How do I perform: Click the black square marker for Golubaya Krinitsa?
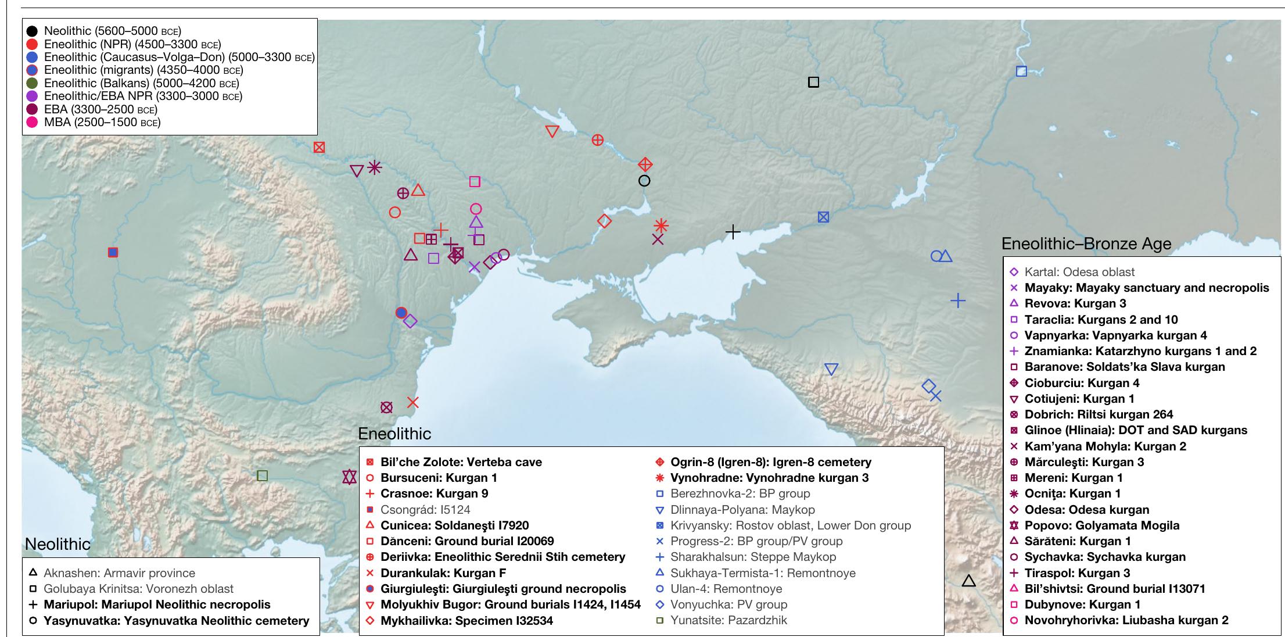[813, 82]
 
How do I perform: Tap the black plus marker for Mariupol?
[733, 232]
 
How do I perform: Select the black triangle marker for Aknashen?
[968, 581]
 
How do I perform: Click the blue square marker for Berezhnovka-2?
[1021, 71]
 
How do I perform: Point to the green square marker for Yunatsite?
[262, 476]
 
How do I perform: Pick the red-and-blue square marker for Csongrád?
[113, 252]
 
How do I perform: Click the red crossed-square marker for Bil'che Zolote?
[319, 147]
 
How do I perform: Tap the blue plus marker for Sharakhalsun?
[958, 300]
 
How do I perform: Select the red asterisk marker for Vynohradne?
[661, 226]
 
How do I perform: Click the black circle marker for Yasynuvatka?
[644, 181]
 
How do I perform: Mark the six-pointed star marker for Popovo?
[349, 477]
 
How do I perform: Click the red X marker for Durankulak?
[412, 402]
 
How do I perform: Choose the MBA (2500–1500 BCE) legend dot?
[33, 122]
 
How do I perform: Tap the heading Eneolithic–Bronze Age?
[1086, 244]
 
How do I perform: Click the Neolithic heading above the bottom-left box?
[58, 545]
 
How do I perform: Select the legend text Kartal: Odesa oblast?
[1079, 272]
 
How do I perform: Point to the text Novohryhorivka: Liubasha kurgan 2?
[1126, 620]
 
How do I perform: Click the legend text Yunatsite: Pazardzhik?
[728, 620]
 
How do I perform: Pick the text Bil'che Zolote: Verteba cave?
[461, 463]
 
